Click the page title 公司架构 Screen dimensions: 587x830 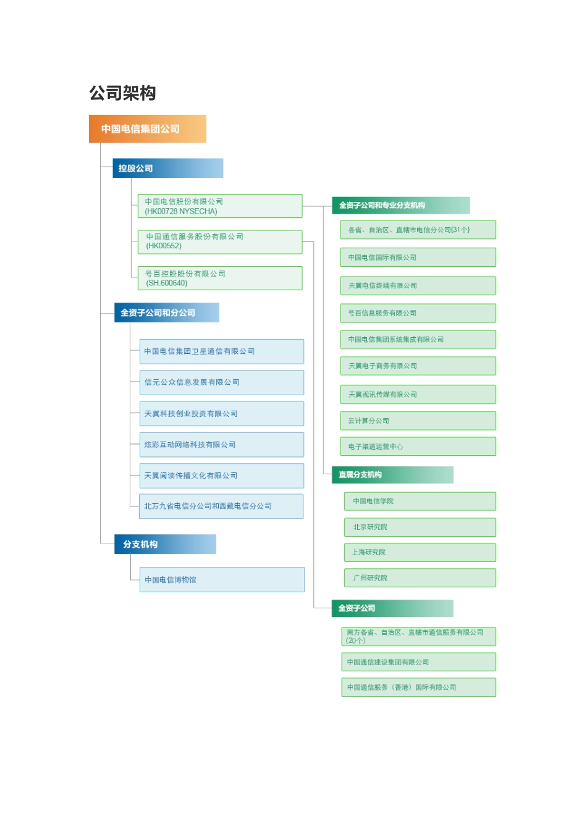click(x=122, y=93)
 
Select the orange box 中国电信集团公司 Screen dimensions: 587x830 click(x=148, y=129)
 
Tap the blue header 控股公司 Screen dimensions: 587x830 click(x=168, y=168)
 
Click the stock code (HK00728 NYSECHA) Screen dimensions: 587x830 click(x=181, y=211)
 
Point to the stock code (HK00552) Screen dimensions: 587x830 click(x=164, y=246)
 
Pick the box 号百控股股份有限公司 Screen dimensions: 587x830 click(x=220, y=279)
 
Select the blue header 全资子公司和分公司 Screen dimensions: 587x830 click(x=167, y=312)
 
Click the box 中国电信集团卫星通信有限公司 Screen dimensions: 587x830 click(x=222, y=351)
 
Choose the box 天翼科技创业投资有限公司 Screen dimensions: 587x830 click(x=222, y=414)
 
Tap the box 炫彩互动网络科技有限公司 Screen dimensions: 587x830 click(x=222, y=445)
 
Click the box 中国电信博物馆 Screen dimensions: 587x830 click(x=222, y=579)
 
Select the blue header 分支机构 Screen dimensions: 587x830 click(x=166, y=544)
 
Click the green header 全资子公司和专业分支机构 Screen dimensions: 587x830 click(x=401, y=205)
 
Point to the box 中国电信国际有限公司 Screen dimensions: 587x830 click(x=418, y=258)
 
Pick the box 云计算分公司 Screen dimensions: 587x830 click(x=418, y=421)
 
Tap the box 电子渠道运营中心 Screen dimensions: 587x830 click(x=418, y=446)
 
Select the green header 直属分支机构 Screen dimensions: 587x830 click(x=393, y=475)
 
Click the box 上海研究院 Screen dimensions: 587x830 click(x=420, y=553)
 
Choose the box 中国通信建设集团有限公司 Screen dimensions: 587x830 click(x=419, y=662)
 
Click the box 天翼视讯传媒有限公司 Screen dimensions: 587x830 click(x=418, y=395)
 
